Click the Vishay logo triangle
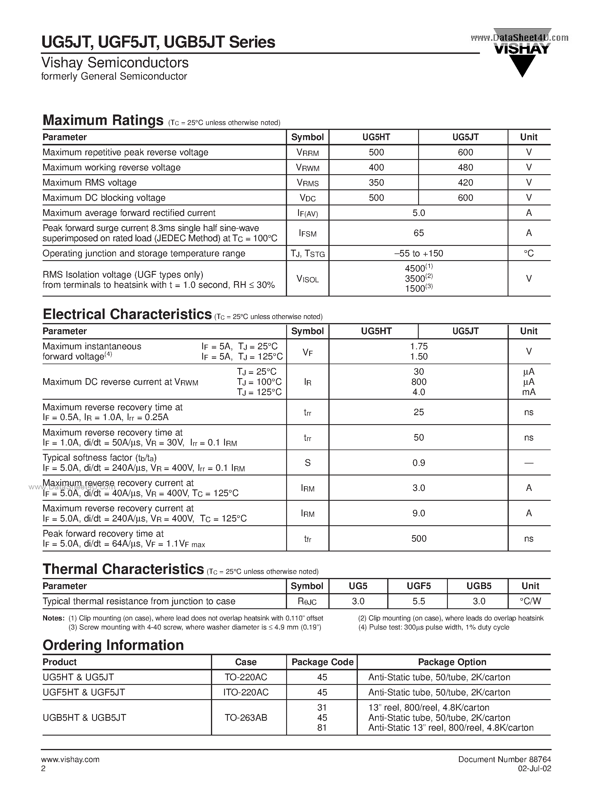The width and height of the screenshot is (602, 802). point(522,66)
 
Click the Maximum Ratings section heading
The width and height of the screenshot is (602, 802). point(103,120)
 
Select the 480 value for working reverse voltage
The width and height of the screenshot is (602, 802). point(465,168)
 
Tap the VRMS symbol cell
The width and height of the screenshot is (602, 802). point(307,183)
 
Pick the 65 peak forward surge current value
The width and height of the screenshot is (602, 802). point(418,233)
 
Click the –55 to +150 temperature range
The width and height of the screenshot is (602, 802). point(418,253)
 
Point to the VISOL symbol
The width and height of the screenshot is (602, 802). point(307,279)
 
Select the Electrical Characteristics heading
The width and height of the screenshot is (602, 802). point(127,314)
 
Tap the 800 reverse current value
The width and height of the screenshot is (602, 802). point(418,382)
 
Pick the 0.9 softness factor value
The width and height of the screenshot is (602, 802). point(418,463)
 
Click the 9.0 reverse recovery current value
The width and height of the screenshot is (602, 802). point(418,513)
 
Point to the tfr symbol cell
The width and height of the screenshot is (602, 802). point(307,539)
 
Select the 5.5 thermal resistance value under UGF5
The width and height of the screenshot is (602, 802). point(418,602)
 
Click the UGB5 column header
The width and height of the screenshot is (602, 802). point(479,586)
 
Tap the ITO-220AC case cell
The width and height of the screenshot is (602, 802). point(246,692)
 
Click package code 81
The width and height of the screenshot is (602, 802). point(322,728)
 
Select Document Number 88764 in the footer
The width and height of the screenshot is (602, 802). point(504,759)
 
